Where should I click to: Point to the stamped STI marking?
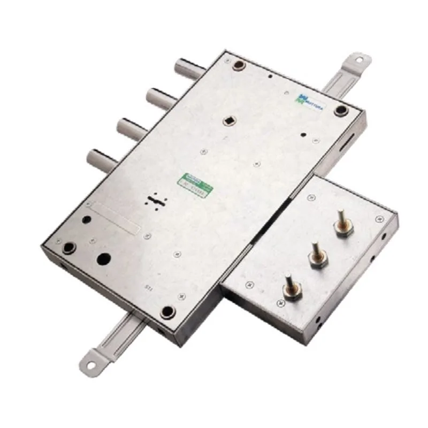click(x=149, y=288)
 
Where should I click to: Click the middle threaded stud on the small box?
click(x=316, y=259)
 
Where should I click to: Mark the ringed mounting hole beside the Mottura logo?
click(x=341, y=110)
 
